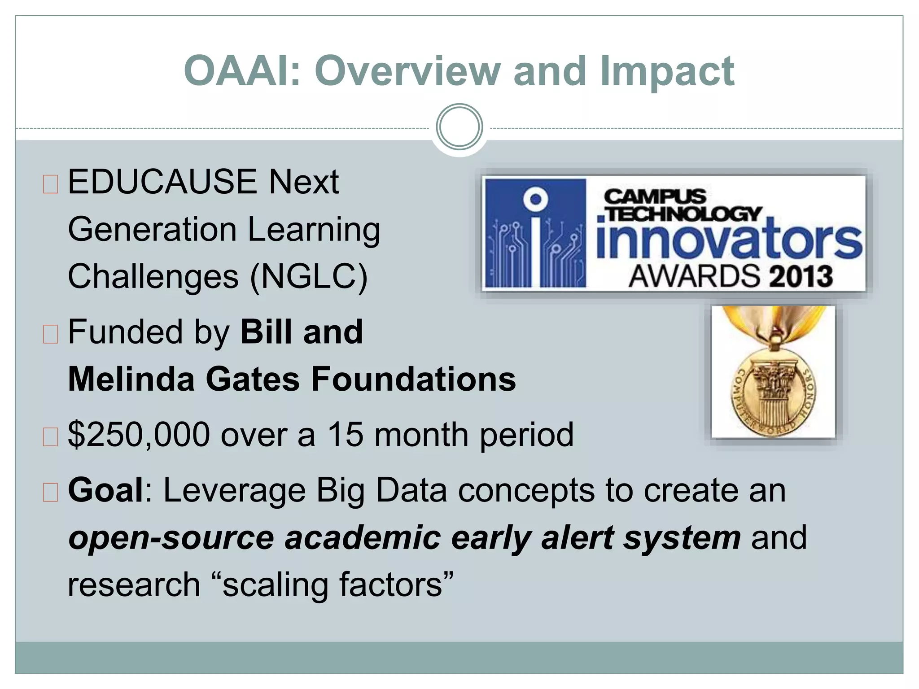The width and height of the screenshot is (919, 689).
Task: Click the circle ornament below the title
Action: pyautogui.click(x=459, y=127)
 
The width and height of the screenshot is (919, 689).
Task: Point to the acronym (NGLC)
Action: pyautogui.click(x=309, y=276)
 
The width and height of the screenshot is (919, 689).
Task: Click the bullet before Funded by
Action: pyautogui.click(x=50, y=334)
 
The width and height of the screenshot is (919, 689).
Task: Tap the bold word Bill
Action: pyautogui.click(x=267, y=332)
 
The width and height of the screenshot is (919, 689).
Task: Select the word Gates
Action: pyautogui.click(x=253, y=379)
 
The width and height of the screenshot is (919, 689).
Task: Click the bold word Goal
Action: pyautogui.click(x=106, y=490)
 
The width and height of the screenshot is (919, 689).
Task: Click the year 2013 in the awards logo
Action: pyautogui.click(x=801, y=276)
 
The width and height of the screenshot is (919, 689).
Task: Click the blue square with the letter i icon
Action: pyautogui.click(x=536, y=232)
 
